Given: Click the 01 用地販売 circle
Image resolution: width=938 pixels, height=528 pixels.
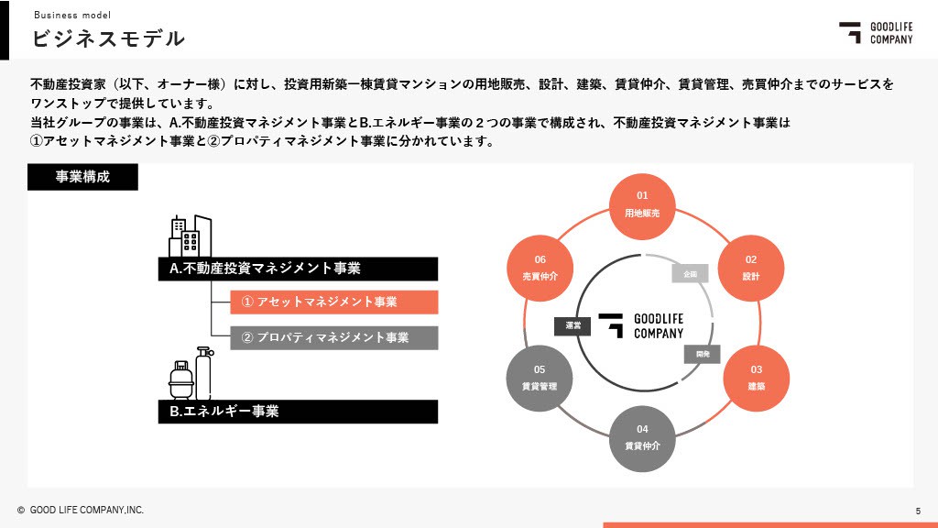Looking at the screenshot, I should coord(642,204).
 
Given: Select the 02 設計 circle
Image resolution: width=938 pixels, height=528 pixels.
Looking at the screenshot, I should coord(750,267).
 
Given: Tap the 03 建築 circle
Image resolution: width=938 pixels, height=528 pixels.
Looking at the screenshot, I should coord(756,377).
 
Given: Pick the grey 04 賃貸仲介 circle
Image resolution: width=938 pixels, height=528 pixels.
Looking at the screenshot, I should coord(642,437).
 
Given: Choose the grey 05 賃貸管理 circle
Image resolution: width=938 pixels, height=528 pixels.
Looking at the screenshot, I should coord(540,377).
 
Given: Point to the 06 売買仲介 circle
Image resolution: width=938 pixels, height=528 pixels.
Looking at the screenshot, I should coord(540,267).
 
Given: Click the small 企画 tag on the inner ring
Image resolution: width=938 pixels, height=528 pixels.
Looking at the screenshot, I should coord(690,273).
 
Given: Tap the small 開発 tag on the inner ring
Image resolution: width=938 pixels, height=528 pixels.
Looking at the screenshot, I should coord(703,354).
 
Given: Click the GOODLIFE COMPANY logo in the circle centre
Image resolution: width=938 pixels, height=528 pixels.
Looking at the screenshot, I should coord(642,325).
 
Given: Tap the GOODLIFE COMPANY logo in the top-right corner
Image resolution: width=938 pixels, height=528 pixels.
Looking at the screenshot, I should coord(877,32).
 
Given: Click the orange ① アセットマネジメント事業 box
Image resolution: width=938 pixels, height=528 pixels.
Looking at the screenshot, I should coord(333,302).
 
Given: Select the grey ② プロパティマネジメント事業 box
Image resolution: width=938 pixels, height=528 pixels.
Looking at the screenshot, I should coord(333,337).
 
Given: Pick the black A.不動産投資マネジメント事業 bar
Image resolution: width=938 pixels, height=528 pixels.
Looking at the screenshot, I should coord(298,269).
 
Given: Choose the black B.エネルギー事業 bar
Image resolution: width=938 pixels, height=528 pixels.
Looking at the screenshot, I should coord(298,411).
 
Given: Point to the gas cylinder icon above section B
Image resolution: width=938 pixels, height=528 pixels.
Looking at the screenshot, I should coord(191,373).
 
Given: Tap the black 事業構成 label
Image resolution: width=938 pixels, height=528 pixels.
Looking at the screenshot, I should coord(82,177).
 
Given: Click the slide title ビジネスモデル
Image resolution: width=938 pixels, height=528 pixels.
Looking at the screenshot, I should coord(108,38).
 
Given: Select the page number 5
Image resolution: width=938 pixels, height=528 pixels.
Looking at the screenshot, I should coord(918,510).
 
